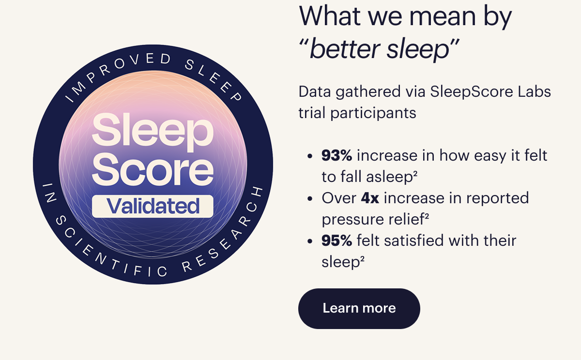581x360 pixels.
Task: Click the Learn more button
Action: click(359, 308)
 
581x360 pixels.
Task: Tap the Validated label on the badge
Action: click(153, 206)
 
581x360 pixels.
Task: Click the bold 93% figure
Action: click(336, 155)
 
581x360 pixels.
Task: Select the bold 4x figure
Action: click(370, 198)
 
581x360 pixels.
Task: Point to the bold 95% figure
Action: click(336, 240)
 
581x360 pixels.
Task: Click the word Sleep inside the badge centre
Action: click(153, 132)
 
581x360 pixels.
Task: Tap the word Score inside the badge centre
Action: click(153, 169)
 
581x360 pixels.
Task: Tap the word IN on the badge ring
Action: click(49, 192)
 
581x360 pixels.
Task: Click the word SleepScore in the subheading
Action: click(472, 92)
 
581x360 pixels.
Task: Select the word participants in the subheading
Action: click(373, 114)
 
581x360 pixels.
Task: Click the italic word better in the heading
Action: click(345, 49)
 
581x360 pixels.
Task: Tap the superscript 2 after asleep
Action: click(415, 173)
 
